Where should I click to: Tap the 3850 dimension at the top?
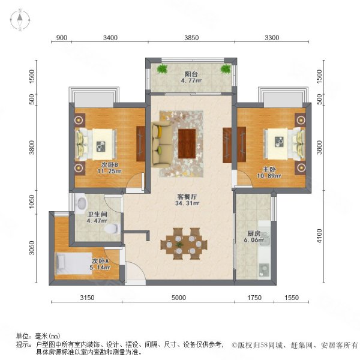tap(190, 38)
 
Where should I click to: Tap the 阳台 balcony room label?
tap(191, 74)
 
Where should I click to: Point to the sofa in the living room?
tap(161, 142)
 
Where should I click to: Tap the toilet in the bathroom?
tap(109, 229)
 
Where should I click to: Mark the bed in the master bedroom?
tap(283, 142)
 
